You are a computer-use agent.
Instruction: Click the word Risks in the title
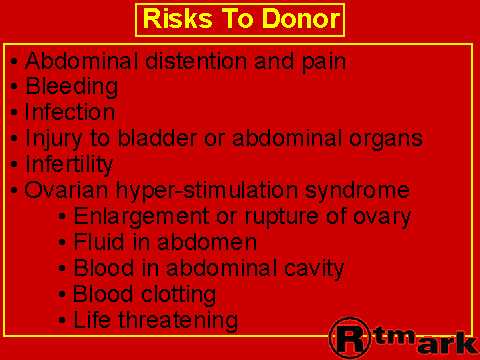tap(177, 18)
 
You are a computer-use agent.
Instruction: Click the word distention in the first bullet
tap(196, 61)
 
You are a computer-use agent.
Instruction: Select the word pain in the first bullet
tap(324, 63)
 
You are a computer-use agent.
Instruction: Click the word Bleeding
tap(72, 87)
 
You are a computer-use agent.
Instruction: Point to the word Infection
tap(70, 112)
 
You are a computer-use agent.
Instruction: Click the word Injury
tap(53, 140)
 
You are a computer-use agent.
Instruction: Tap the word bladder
tap(157, 137)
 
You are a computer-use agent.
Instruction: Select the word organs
tap(386, 140)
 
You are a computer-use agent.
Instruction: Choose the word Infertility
tap(69, 165)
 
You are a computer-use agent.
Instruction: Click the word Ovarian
tap(66, 189)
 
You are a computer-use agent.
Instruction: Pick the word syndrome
tap(357, 191)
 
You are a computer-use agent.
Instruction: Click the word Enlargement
tap(141, 217)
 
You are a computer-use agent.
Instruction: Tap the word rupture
tap(282, 217)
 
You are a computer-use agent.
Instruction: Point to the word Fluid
tap(99, 241)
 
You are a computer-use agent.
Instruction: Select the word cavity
tap(314, 269)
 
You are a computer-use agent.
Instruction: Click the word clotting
tap(178, 295)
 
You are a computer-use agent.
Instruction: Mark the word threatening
tap(178, 321)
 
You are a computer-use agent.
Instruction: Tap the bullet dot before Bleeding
tap(14, 87)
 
